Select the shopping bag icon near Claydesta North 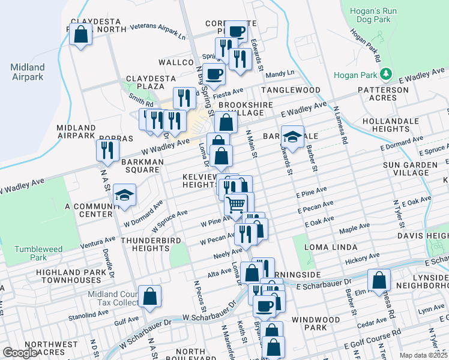80,35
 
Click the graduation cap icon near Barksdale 292,137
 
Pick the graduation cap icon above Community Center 124,195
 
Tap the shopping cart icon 236,205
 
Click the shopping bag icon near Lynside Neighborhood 379,280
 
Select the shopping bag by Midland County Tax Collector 149,296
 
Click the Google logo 20,352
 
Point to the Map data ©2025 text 423,355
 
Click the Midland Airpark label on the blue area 28,71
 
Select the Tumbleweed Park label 30,253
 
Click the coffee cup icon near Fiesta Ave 214,74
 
